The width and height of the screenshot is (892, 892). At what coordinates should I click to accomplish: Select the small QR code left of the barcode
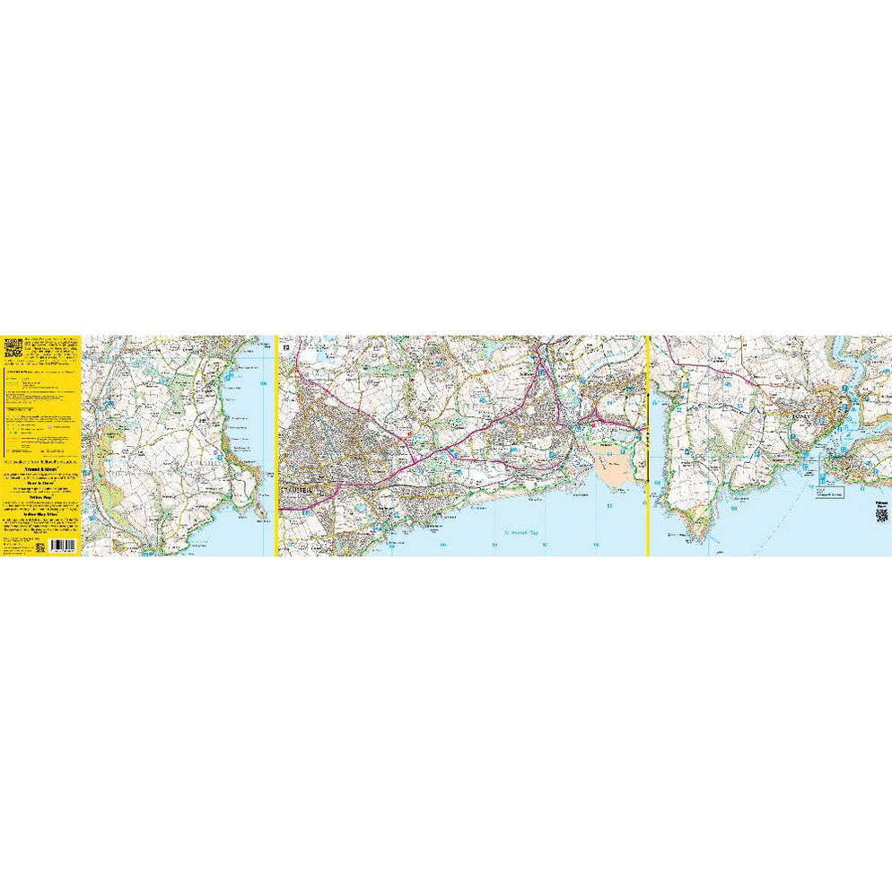41,546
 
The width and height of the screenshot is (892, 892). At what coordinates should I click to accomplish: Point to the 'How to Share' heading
42,481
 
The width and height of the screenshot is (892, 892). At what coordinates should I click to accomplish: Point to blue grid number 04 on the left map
264,385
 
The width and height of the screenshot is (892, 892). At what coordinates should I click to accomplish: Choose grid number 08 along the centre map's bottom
596,544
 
